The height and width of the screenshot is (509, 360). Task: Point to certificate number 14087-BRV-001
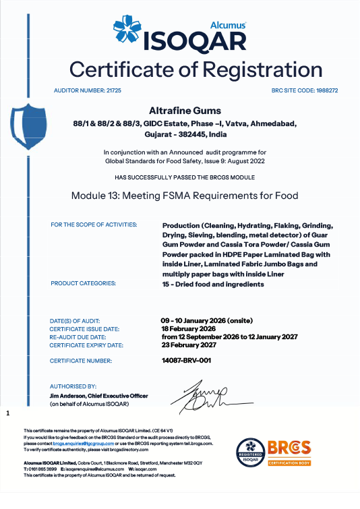(x=186, y=361)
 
